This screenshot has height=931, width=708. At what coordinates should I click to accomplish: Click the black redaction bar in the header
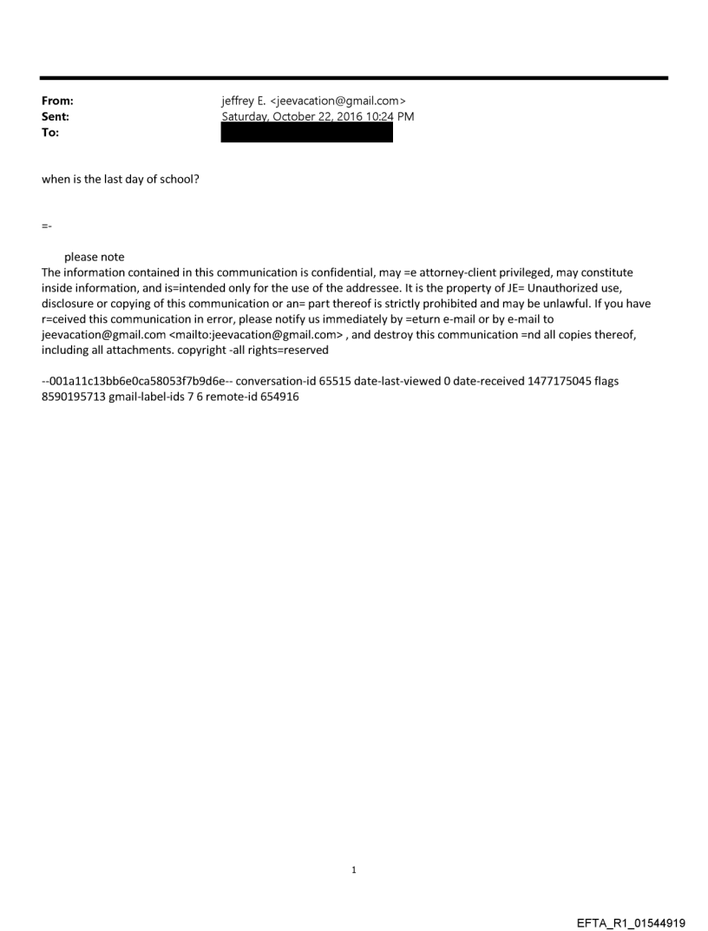[306, 132]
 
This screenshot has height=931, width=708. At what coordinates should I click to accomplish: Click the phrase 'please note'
[94, 257]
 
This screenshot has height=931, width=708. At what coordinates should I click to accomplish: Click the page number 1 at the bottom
[354, 869]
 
